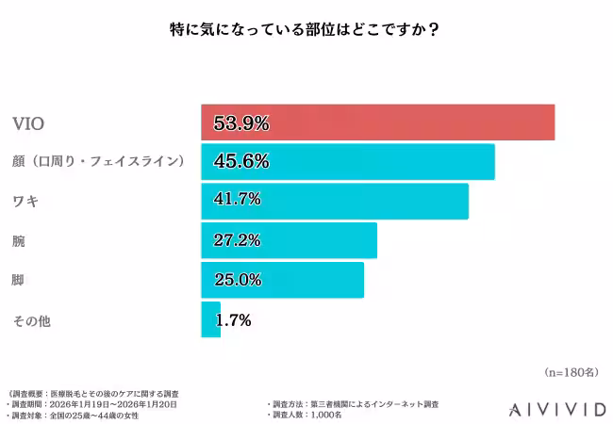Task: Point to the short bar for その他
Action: point(209,319)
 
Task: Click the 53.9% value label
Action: point(241,122)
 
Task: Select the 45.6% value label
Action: point(241,162)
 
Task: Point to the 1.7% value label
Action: point(233,320)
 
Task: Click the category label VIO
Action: point(27,123)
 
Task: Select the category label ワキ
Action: point(25,202)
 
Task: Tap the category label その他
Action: point(30,321)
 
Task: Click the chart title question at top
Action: point(306,28)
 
